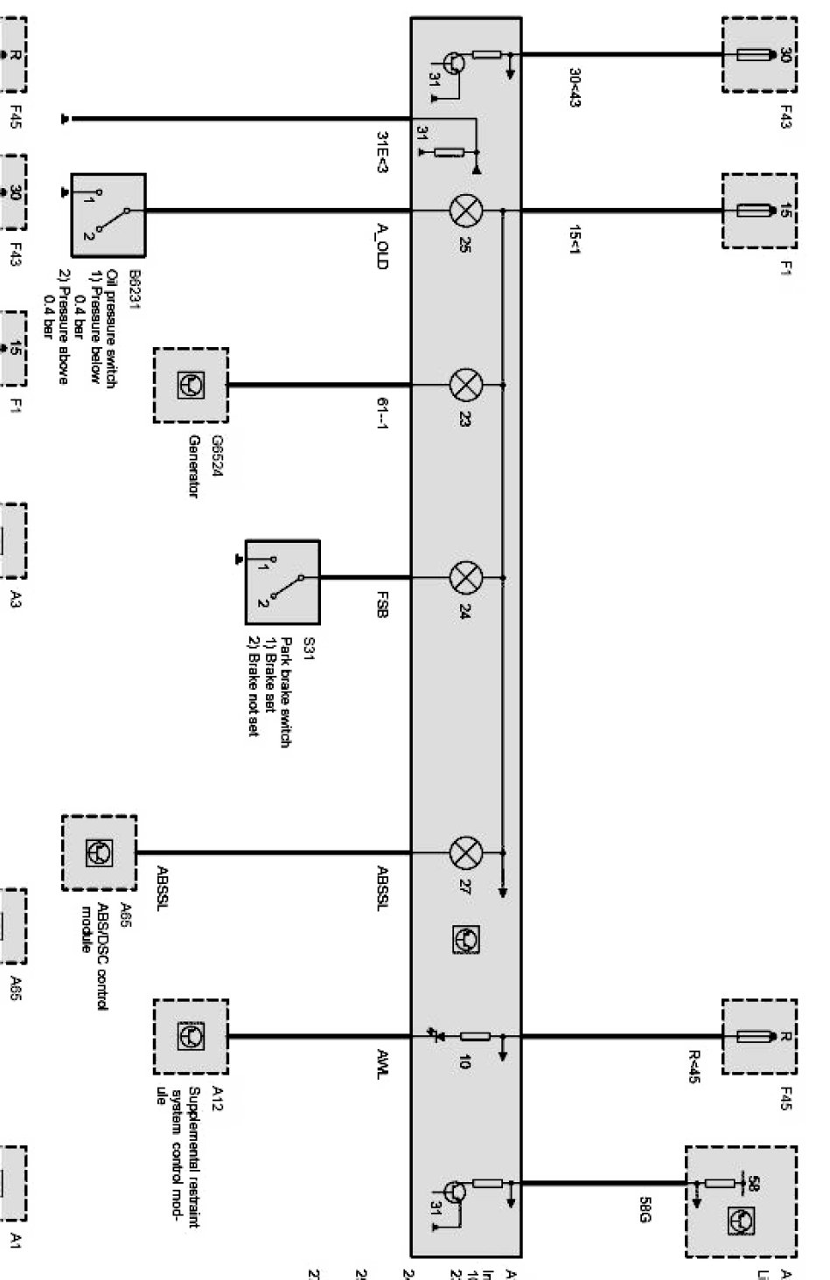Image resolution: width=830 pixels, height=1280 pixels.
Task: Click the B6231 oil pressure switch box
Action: pyautogui.click(x=108, y=214)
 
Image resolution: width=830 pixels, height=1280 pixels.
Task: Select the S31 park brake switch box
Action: pyautogui.click(x=282, y=578)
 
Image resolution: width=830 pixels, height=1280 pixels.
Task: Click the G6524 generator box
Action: pyautogui.click(x=191, y=386)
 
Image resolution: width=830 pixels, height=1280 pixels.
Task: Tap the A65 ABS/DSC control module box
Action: pyautogui.click(x=99, y=852)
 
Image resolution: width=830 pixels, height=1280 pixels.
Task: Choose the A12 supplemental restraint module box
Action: pyautogui.click(x=191, y=1037)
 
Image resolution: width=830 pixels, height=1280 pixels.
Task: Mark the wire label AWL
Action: pyautogui.click(x=380, y=1062)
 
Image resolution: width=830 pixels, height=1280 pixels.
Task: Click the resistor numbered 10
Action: pyautogui.click(x=475, y=1037)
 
